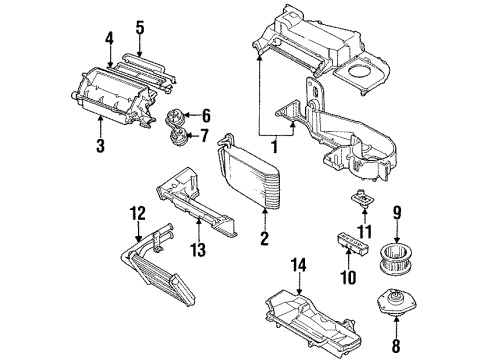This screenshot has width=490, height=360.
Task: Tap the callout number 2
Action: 264,238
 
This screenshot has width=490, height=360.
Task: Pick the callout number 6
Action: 208,115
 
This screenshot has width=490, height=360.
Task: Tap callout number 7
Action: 208,135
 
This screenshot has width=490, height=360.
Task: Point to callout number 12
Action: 137,212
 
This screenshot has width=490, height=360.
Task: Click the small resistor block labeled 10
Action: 346,243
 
